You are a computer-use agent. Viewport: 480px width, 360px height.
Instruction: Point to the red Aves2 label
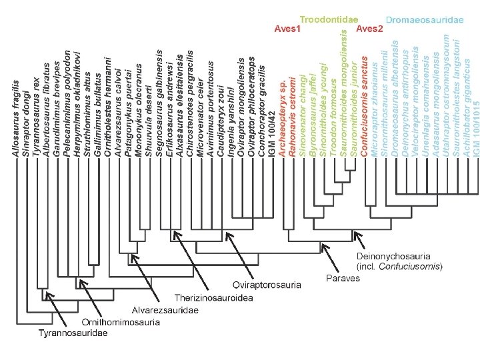tap(370, 30)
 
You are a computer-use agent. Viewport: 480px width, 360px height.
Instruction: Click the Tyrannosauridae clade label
tap(72, 333)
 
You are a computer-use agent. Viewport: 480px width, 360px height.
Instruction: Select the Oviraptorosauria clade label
tap(267, 285)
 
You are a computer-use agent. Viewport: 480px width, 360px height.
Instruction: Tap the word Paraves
tap(343, 277)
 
